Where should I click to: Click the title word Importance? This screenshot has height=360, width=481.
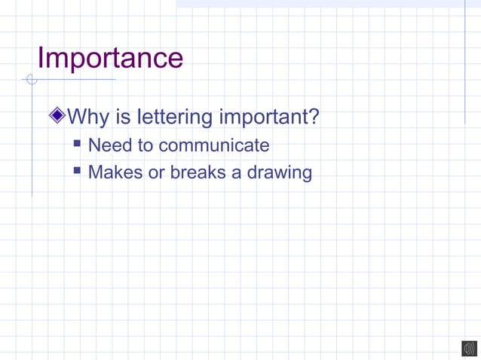110,58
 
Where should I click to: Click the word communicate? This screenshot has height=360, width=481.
214,145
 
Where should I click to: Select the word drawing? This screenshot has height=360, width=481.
278,172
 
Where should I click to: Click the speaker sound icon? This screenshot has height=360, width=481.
469,348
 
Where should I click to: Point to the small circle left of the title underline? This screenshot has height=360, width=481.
31,79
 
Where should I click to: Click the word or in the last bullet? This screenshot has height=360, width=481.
156,172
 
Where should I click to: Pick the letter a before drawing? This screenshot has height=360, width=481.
236,172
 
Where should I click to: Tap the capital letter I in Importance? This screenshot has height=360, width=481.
41,58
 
